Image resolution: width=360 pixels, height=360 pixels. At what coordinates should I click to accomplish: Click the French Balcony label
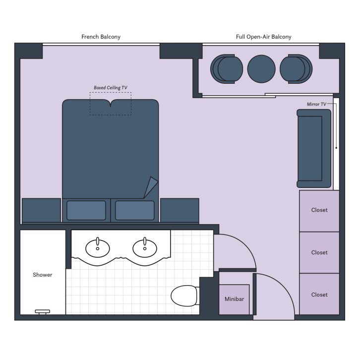pyautogui.click(x=101, y=37)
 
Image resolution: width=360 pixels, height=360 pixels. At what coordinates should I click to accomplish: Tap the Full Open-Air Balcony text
pyautogui.click(x=263, y=37)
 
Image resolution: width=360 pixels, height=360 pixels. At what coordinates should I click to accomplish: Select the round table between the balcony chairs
pyautogui.click(x=261, y=68)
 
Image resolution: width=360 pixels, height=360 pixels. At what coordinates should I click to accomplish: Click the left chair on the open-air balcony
pyautogui.click(x=227, y=68)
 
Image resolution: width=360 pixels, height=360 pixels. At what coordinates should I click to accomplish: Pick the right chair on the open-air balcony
pyautogui.click(x=296, y=68)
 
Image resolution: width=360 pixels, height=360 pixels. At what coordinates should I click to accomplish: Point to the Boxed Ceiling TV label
pyautogui.click(x=110, y=88)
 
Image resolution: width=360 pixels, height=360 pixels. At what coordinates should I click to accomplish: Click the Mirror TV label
pyautogui.click(x=316, y=104)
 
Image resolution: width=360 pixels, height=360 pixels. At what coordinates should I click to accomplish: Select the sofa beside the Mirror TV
pyautogui.click(x=313, y=148)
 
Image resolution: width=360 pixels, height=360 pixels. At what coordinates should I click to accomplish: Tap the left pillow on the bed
pyautogui.click(x=86, y=210)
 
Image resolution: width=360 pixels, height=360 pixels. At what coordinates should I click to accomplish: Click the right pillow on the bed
pyautogui.click(x=135, y=210)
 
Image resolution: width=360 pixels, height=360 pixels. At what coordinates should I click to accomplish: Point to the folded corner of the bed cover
pyautogui.click(x=151, y=188)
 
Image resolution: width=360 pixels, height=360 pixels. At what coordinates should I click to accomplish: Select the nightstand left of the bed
pyautogui.click(x=42, y=210)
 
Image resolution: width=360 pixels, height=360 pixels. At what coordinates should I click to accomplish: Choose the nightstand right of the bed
pyautogui.click(x=180, y=210)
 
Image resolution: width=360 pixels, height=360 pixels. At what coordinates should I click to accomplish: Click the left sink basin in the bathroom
pyautogui.click(x=98, y=246)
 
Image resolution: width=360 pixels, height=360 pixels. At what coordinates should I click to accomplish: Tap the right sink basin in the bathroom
pyautogui.click(x=145, y=246)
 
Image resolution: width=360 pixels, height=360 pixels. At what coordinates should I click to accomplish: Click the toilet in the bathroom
pyautogui.click(x=184, y=296)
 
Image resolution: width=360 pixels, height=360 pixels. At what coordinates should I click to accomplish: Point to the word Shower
pyautogui.click(x=43, y=275)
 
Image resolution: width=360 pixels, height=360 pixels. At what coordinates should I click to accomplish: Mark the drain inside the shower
pyautogui.click(x=42, y=311)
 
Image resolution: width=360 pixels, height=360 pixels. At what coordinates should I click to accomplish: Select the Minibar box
pyautogui.click(x=234, y=300)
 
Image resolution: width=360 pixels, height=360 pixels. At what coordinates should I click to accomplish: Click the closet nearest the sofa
pyautogui.click(x=319, y=210)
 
